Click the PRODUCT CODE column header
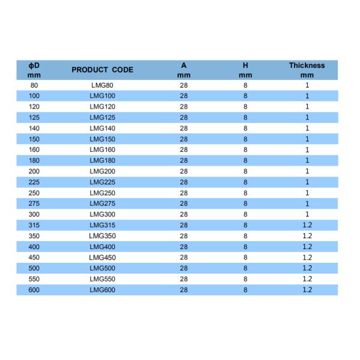(x=102, y=70)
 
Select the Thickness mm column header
(x=307, y=70)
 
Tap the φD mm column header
(x=34, y=70)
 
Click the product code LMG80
(x=101, y=85)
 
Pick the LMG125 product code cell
(x=101, y=118)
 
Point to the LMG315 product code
(x=101, y=225)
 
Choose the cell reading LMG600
(x=101, y=290)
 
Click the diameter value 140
(x=34, y=128)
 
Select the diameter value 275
(x=34, y=203)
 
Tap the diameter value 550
(x=34, y=279)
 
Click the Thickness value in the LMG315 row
(x=307, y=225)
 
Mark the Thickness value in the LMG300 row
(x=307, y=214)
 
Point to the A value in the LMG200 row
(x=184, y=171)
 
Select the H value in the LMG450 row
(x=245, y=257)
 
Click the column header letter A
(x=184, y=65)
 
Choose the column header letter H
(x=245, y=65)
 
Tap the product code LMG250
(x=101, y=193)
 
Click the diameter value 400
(x=34, y=247)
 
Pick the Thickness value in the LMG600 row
(x=307, y=290)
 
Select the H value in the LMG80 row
(x=245, y=85)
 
